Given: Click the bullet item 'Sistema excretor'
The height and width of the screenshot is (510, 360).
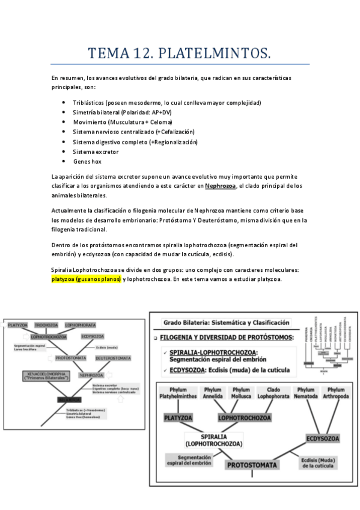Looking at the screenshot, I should pyautogui.click(x=96, y=152).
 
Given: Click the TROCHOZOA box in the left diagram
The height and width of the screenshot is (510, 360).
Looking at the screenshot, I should pyautogui.click(x=46, y=325).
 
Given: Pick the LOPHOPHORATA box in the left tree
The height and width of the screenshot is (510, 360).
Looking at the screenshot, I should pyautogui.click(x=81, y=325).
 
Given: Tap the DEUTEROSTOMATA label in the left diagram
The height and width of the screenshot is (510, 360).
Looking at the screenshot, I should pyautogui.click(x=114, y=358).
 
